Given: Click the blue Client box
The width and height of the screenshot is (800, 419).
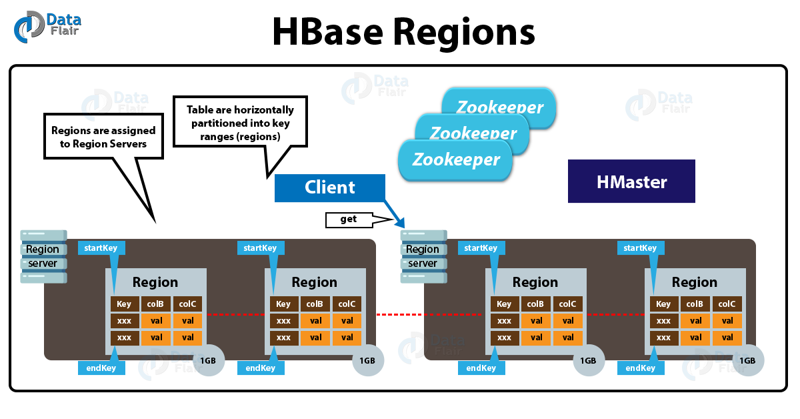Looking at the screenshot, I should click(330, 188).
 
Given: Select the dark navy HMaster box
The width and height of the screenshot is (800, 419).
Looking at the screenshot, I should click(631, 181).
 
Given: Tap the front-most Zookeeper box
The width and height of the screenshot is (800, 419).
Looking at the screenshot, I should click(455, 160).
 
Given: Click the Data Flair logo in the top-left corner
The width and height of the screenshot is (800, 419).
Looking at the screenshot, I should click(47, 25).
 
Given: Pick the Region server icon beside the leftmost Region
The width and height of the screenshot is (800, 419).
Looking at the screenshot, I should click(43, 256).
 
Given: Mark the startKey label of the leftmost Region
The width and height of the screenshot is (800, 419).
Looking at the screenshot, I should click(101, 248).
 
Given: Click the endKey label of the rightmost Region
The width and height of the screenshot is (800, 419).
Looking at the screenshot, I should click(641, 368).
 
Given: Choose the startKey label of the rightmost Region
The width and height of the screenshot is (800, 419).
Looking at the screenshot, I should click(641, 248).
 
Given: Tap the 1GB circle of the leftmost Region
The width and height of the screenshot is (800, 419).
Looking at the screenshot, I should click(208, 361).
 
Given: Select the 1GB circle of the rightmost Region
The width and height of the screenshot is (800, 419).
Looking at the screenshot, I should click(748, 361).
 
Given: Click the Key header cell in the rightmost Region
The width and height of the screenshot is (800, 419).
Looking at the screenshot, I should click(663, 304).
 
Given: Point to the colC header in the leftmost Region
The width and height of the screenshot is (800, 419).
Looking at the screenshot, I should click(187, 304).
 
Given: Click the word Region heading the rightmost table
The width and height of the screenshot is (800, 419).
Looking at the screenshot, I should click(695, 282).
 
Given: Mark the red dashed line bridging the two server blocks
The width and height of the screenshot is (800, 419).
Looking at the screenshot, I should click(400, 314).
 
